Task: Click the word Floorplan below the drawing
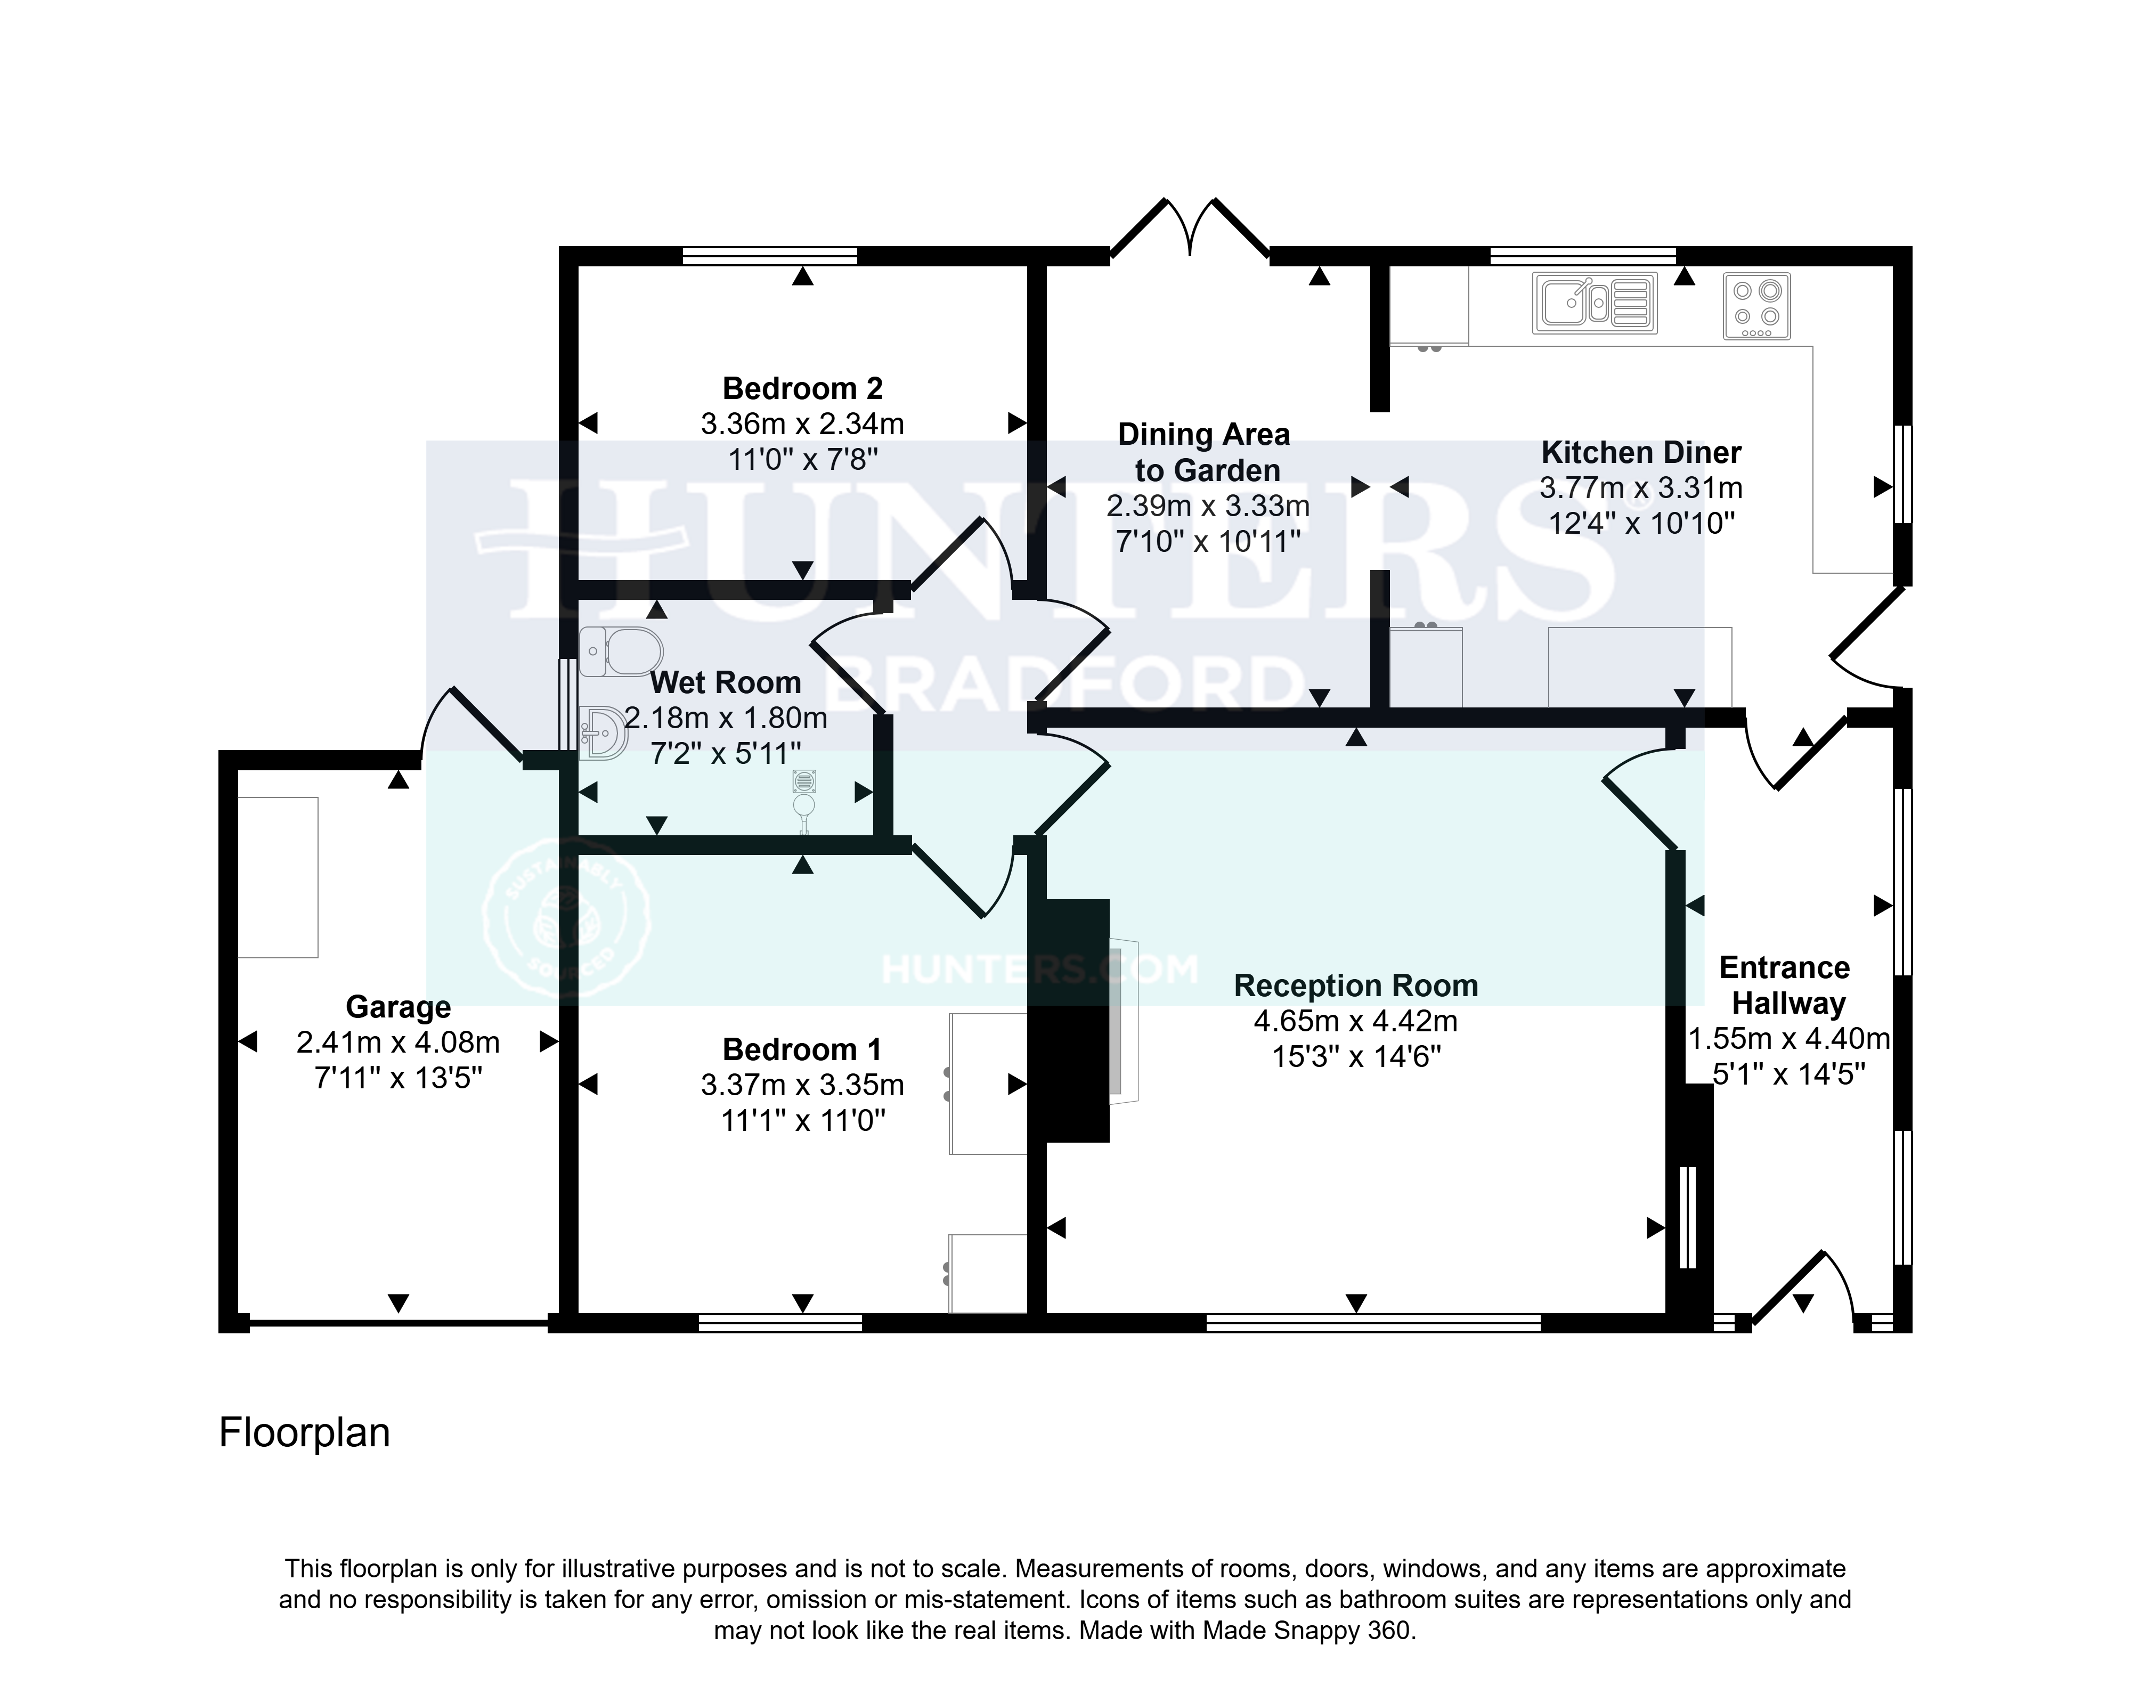[304, 1433]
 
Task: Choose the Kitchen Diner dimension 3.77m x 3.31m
[1640, 487]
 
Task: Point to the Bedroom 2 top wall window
[770, 256]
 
